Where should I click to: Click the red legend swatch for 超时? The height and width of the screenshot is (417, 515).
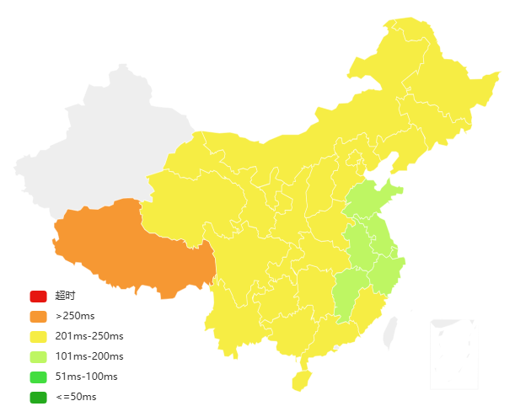tap(38, 296)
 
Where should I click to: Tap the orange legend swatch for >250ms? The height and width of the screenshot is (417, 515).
tap(38, 316)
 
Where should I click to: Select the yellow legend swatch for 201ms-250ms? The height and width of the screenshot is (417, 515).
tap(38, 336)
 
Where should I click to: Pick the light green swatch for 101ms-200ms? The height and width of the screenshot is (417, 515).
tap(38, 356)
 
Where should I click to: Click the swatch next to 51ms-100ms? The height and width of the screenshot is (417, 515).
tap(38, 377)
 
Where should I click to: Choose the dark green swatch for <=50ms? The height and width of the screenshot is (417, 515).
tap(38, 397)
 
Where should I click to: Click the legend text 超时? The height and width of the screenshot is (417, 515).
tap(65, 296)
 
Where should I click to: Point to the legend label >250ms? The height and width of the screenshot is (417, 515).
tap(75, 316)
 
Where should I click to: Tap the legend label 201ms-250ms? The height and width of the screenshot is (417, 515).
tap(89, 336)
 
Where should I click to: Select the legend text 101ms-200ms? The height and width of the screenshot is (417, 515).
tap(89, 356)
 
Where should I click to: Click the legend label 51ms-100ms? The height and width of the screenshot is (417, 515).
tap(86, 377)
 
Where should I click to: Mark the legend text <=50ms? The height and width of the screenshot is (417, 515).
tap(76, 397)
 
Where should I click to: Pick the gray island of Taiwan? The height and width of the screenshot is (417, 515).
tap(390, 333)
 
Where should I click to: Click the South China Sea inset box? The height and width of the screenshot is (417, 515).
tap(453, 354)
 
